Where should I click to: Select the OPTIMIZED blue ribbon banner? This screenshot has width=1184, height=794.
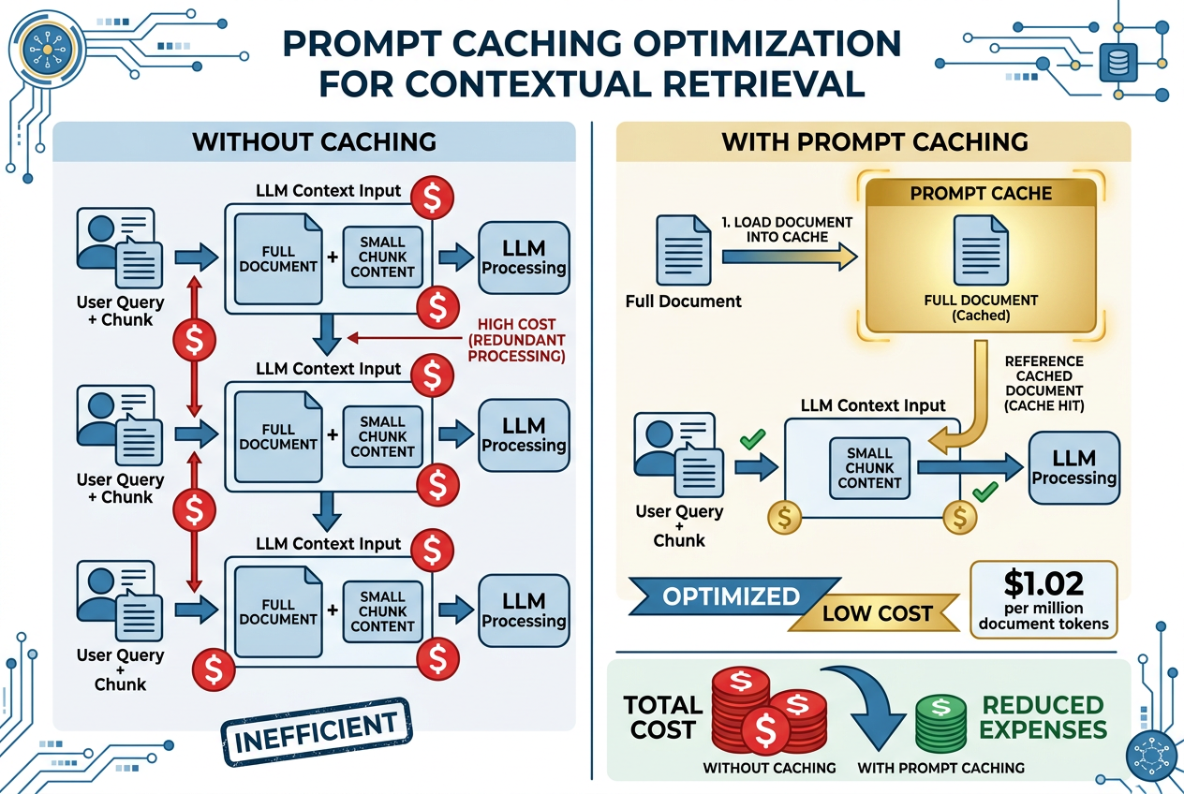coord(732,596)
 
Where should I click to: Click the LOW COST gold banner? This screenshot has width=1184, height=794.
coord(877,614)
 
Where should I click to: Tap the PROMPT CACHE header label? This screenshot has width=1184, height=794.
coord(981,194)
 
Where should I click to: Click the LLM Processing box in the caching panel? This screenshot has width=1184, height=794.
coord(1073,467)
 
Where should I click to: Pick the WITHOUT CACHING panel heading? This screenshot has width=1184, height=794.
coord(314,141)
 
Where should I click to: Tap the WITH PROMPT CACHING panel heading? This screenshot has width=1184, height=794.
coord(875,141)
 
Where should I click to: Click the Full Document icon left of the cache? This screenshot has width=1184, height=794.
coord(683,250)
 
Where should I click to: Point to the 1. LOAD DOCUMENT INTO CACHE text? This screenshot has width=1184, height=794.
coord(786,229)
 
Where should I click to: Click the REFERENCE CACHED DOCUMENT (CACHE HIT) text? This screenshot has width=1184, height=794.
coord(1043,383)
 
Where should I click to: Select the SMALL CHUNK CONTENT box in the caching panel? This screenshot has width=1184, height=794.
coord(869,468)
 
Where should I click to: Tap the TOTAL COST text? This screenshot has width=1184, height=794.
coord(663,717)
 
